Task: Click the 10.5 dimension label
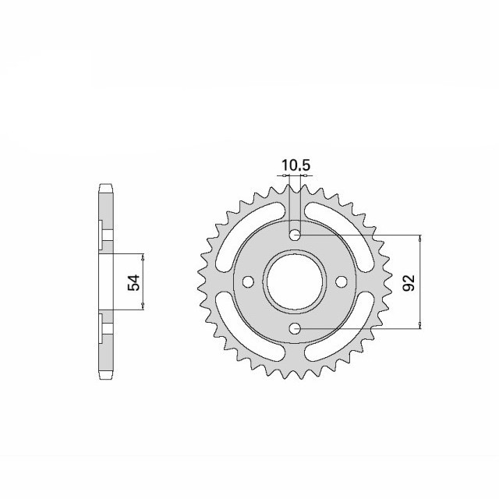click(296, 165)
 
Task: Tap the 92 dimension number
click(409, 282)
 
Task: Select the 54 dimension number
click(133, 282)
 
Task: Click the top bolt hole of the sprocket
click(296, 235)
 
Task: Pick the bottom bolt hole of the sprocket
click(296, 328)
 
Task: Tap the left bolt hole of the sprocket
click(248, 281)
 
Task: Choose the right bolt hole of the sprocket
click(342, 281)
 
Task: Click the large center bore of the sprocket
click(295, 281)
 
